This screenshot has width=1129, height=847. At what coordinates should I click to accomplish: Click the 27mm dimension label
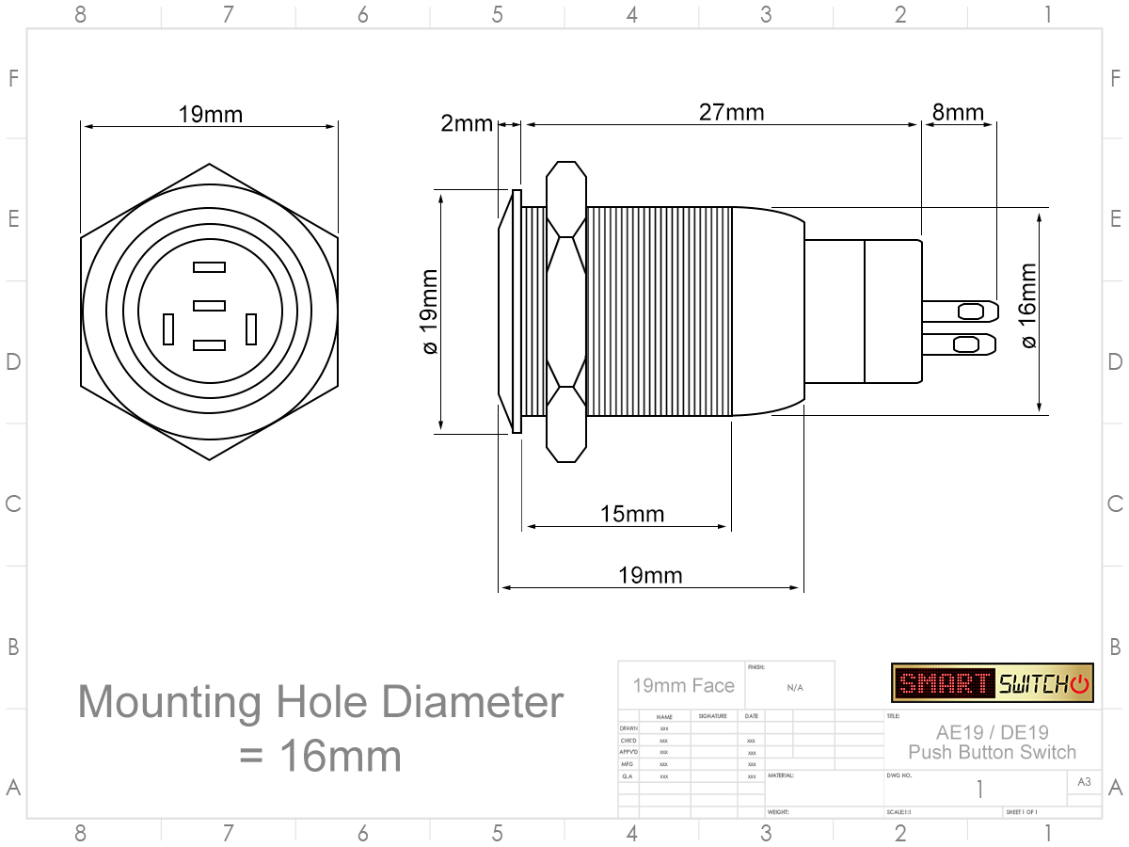731,113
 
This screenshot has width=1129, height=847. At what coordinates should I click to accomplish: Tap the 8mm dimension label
958,113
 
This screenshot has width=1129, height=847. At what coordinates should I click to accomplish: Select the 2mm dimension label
467,123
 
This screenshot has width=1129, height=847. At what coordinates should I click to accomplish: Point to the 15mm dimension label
632,514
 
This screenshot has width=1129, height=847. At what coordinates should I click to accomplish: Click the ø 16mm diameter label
1027,305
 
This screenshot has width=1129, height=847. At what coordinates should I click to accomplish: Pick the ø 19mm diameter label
429,312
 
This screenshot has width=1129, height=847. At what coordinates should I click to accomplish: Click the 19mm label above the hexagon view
211,115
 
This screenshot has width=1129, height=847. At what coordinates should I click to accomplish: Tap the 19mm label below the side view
650,575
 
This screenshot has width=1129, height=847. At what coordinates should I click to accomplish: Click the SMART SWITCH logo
993,682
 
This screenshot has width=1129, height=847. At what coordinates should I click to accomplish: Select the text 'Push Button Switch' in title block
993,752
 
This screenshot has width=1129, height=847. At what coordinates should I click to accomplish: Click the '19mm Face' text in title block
683,685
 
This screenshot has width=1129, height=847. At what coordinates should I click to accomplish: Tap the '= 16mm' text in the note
320,756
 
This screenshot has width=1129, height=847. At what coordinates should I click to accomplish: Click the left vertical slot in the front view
168,329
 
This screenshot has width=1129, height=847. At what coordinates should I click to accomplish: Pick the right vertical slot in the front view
251,329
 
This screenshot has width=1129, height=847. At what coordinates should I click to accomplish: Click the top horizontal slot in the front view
209,267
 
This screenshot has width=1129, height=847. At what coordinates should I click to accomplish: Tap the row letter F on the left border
13,78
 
